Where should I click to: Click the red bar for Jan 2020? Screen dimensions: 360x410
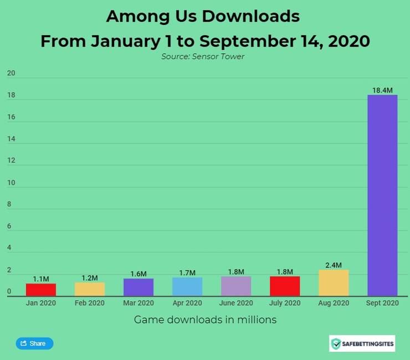pyautogui.click(x=40, y=290)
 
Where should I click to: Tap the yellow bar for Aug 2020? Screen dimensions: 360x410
pyautogui.click(x=334, y=283)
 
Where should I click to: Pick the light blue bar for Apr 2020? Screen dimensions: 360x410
pyautogui.click(x=187, y=287)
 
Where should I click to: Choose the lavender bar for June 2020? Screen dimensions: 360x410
pyautogui.click(x=236, y=286)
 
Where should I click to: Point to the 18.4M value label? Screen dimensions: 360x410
pyautogui.click(x=382, y=90)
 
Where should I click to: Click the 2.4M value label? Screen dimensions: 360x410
pyautogui.click(x=334, y=265)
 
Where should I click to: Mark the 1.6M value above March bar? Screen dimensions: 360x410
pyautogui.click(x=139, y=274)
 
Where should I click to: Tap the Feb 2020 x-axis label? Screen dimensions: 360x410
pyautogui.click(x=90, y=303)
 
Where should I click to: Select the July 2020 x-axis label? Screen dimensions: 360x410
pyautogui.click(x=285, y=303)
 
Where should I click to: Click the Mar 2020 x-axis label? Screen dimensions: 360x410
pyautogui.click(x=139, y=303)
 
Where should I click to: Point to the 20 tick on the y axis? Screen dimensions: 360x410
pyautogui.click(x=11, y=74)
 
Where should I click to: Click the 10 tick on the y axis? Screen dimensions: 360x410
pyautogui.click(x=11, y=183)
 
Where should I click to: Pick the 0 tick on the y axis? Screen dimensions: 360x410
pyautogui.click(x=9, y=292)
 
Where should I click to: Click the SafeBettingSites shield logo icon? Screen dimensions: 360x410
pyautogui.click(x=336, y=344)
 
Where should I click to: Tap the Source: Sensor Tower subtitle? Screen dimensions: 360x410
pyautogui.click(x=203, y=57)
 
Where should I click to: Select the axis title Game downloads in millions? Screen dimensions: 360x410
pyautogui.click(x=205, y=320)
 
